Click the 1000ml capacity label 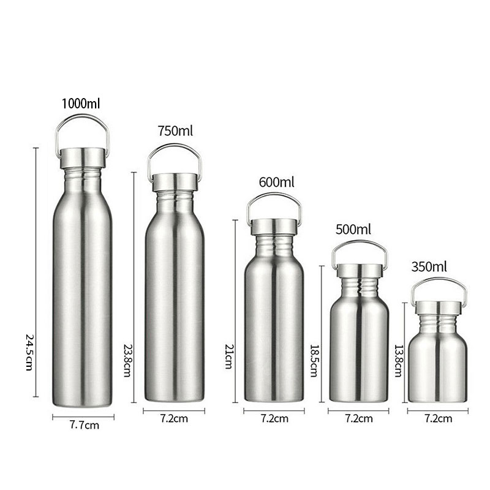81,104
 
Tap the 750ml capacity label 175,131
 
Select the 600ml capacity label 277,182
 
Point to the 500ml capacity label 353,230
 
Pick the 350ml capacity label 429,267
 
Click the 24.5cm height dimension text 29,352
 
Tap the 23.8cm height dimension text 127,360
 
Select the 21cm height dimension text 228,356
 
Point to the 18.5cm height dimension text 314,361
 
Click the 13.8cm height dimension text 398,361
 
